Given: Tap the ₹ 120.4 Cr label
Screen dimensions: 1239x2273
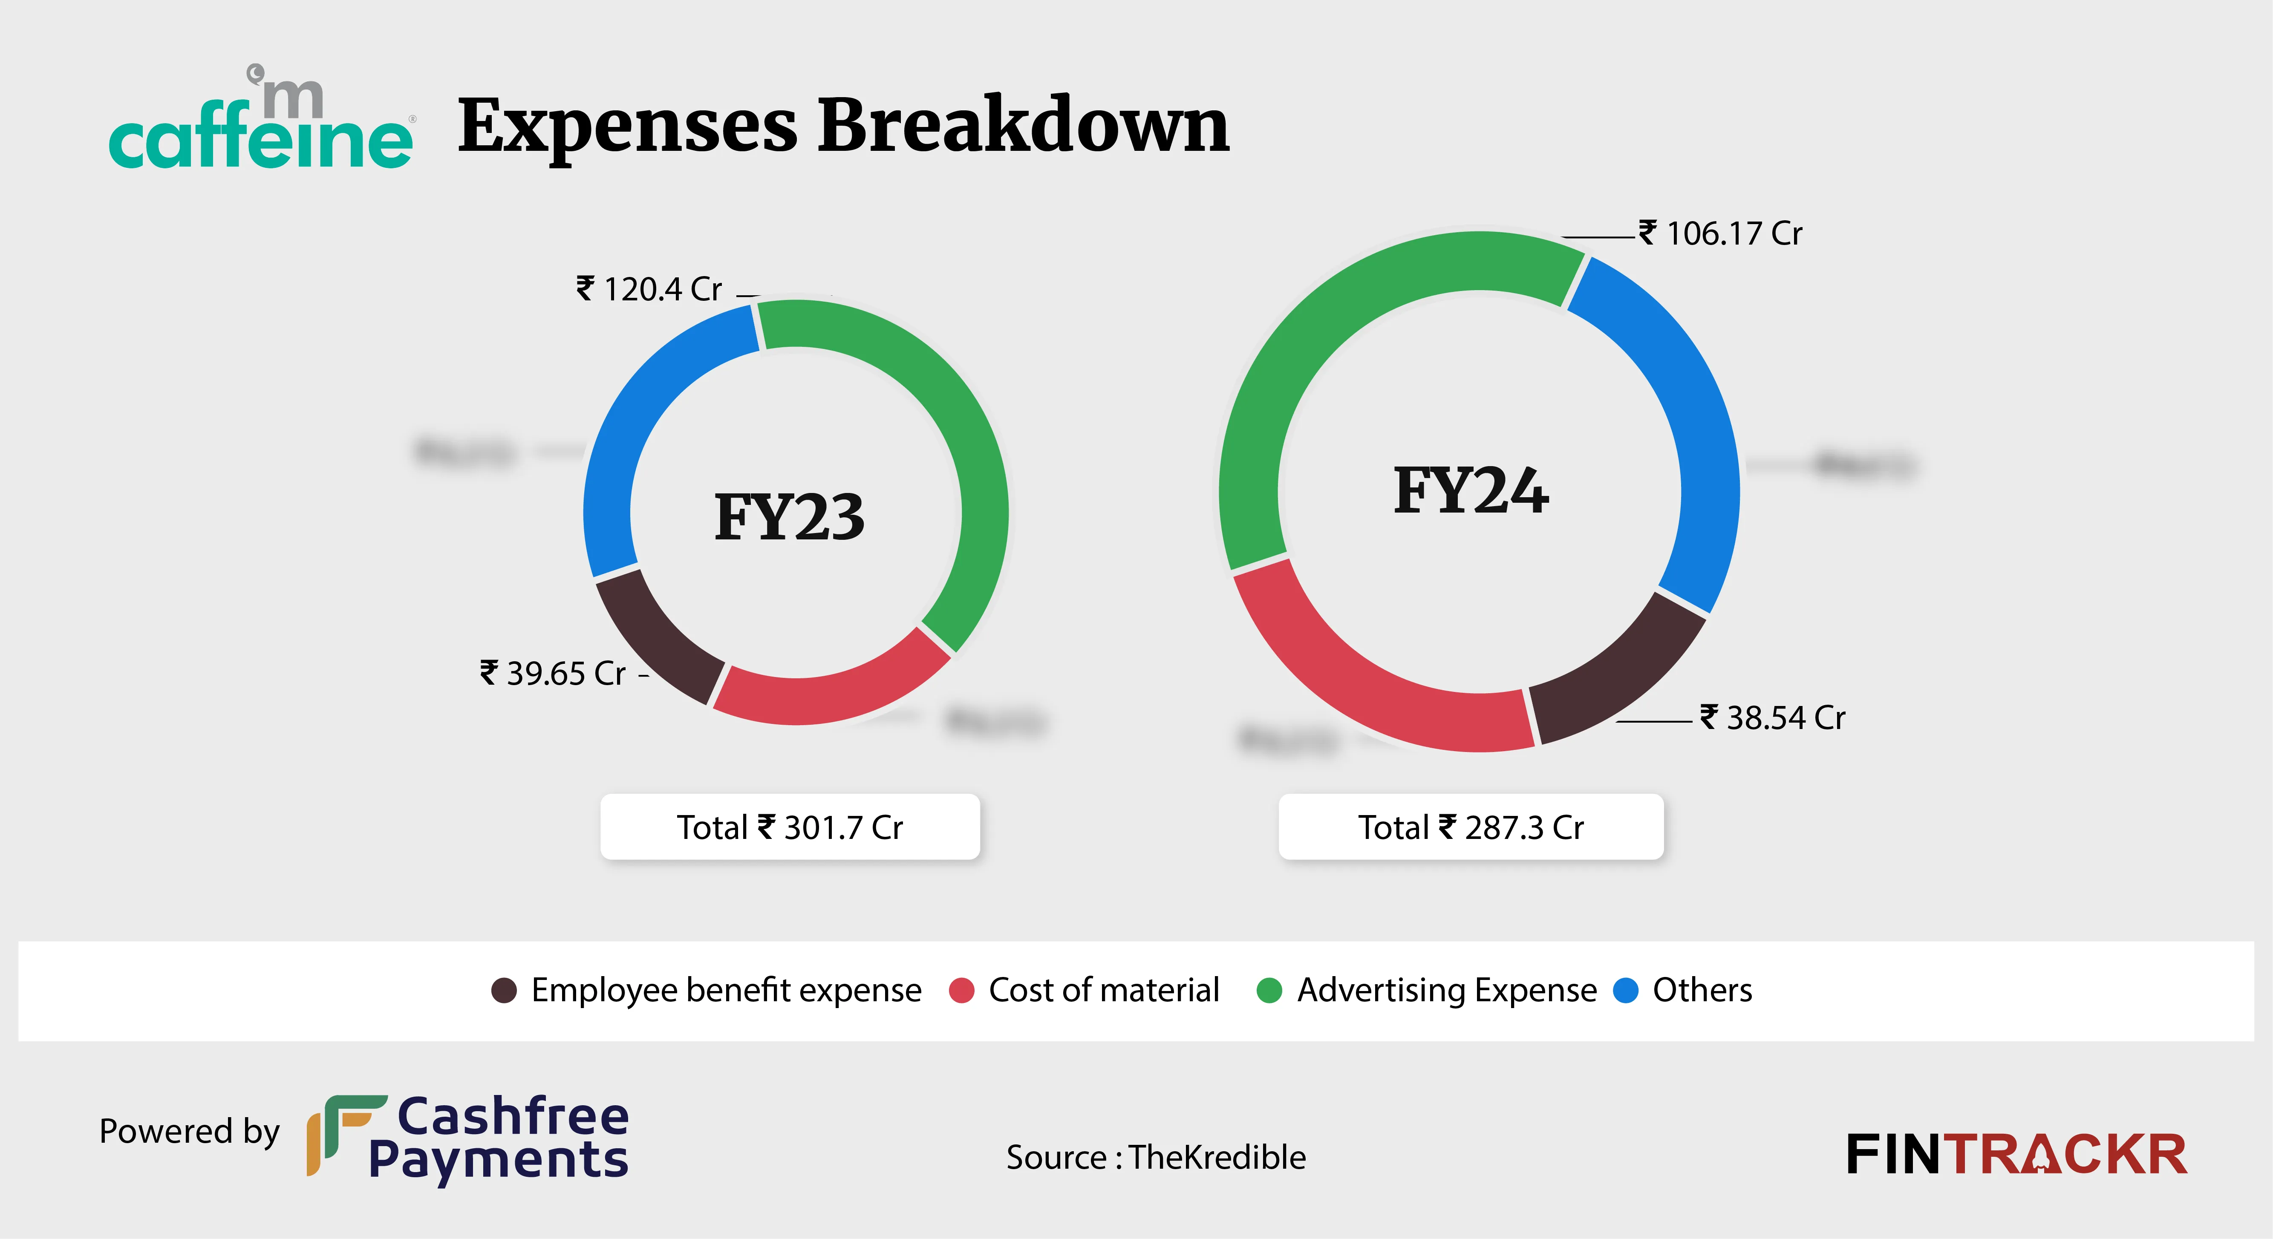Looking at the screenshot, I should (649, 288).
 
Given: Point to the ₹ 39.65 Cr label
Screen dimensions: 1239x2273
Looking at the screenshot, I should (553, 673).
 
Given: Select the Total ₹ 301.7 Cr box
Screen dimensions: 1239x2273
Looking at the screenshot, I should (790, 827).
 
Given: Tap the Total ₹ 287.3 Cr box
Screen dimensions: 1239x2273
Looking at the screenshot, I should (1471, 827).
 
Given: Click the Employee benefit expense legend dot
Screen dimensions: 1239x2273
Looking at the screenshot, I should (504, 990).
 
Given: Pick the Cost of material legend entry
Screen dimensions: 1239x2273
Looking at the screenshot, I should (1085, 990).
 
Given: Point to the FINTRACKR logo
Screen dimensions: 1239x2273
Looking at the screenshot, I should (2016, 1154).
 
